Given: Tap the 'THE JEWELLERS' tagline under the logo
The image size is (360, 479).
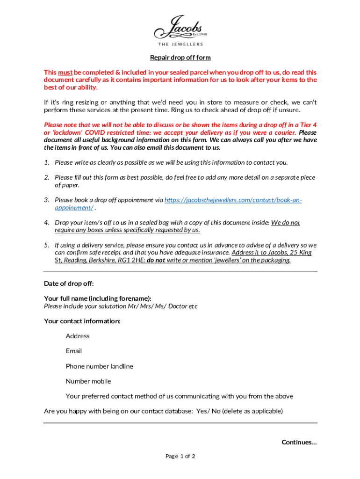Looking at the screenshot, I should pos(180,44).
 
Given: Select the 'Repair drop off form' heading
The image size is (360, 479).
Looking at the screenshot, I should pos(180,58).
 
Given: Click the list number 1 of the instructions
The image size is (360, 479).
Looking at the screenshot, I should pos(47,162).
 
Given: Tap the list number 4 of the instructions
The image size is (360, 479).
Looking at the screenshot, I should pos(47,223).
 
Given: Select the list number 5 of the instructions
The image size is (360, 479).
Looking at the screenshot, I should pos(47,245).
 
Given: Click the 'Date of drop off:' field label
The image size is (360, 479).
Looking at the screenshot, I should pos(69,283).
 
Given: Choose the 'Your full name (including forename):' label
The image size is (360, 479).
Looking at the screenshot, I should pos(97,298).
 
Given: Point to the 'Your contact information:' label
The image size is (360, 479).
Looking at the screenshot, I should pos(82,321).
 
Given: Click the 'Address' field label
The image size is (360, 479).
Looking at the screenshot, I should pos(78,336).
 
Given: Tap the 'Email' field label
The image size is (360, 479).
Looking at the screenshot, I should pos(74,351).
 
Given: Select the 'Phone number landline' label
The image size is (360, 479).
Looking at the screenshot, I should pos(99,366).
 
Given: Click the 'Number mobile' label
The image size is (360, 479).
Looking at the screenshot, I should pos(88,381).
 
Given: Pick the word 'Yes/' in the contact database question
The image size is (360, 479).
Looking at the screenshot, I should pos(202,412).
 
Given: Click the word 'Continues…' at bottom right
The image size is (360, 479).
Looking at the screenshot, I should pos(299,442).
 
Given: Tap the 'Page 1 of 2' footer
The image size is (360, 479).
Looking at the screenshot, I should pos(180,457).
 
